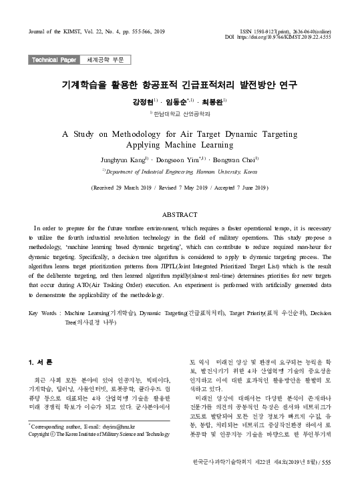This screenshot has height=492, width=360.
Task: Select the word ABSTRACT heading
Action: click(180, 214)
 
